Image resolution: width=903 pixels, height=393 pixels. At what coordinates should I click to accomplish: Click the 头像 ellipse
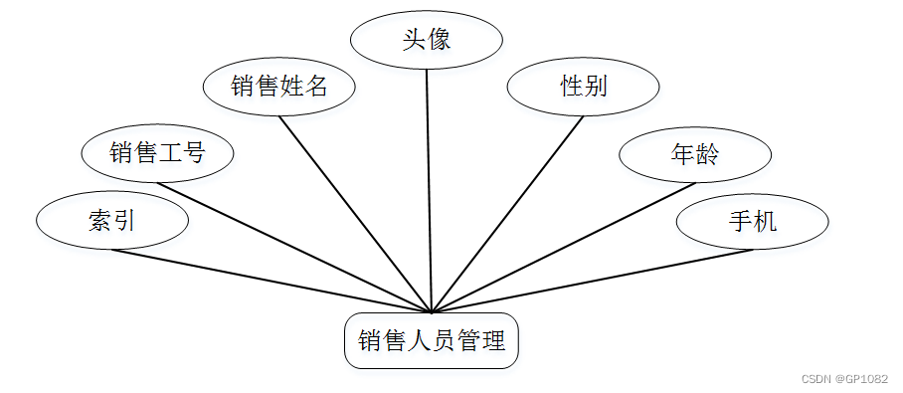pos(428,41)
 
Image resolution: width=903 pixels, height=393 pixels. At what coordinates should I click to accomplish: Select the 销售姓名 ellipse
pos(279,87)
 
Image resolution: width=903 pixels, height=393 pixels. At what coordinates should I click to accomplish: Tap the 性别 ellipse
pos(584,87)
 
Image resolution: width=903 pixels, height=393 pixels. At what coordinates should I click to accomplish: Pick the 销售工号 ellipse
pos(157,153)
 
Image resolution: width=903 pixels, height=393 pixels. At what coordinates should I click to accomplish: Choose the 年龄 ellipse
pos(695,154)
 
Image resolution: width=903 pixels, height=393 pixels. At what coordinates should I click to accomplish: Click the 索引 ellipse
pos(111,221)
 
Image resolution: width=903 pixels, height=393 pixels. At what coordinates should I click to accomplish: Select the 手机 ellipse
pos(752,222)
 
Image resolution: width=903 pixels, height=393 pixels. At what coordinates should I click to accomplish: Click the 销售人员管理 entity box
pos(432,342)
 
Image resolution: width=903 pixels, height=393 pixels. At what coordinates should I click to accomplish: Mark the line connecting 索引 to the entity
pos(269,281)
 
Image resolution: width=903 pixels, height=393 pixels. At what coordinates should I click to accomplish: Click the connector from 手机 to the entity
pos(597,281)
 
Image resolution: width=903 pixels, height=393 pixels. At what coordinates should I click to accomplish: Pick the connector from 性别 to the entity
pos(508,214)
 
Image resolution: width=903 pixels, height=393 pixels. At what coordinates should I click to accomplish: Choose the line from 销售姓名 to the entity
pos(355,214)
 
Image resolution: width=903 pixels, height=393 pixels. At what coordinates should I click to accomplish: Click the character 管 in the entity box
pos(469,342)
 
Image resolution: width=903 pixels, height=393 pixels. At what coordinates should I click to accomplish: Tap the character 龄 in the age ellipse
pos(707,154)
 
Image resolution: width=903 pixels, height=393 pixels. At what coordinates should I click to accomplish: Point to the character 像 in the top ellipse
pos(440,41)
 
